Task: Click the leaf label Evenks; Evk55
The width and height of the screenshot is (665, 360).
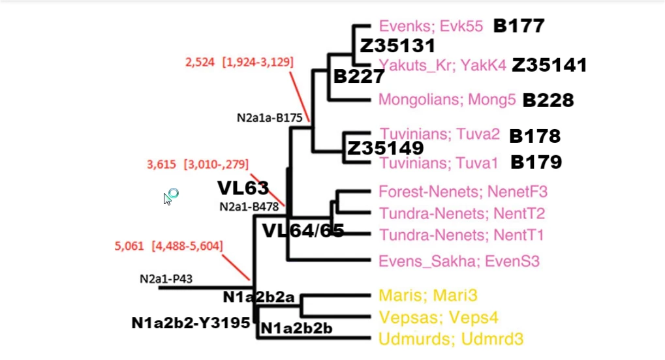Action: coord(431,27)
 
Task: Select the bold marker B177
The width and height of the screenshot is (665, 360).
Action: coord(518,26)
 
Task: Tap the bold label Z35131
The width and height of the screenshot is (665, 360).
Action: coord(397,46)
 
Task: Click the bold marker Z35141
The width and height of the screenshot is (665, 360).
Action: coord(549,65)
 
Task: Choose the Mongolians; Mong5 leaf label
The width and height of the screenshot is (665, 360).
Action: coord(448,100)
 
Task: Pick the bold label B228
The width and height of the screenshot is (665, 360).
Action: coord(548,100)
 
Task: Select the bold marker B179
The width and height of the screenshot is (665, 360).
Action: coord(536,162)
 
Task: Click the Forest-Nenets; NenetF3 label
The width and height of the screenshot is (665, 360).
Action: coord(463,192)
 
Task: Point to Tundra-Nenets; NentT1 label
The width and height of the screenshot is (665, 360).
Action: coord(461,234)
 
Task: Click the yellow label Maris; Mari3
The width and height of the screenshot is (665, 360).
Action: coord(428,295)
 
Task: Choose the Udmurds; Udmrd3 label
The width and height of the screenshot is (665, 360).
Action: coord(451,339)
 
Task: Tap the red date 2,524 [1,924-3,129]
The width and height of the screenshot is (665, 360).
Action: coord(240,62)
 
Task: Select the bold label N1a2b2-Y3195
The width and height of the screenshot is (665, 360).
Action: coord(191,322)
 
